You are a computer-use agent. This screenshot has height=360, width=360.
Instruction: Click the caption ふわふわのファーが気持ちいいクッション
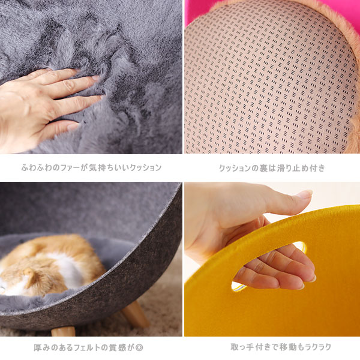click(91, 167)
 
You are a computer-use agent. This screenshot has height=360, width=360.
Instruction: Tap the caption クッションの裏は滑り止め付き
click(272, 168)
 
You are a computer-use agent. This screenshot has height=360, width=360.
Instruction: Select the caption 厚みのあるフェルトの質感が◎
click(88, 347)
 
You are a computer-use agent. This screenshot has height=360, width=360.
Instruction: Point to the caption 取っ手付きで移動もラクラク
click(281, 347)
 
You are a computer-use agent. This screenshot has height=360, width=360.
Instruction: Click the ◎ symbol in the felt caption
click(139, 348)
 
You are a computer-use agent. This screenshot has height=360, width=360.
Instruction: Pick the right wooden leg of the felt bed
click(136, 314)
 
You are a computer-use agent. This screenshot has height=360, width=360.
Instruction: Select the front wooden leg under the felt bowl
click(63, 332)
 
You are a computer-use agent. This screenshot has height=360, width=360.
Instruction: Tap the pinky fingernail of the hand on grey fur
click(73, 126)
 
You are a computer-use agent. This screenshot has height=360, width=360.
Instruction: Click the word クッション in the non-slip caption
click(235, 168)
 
